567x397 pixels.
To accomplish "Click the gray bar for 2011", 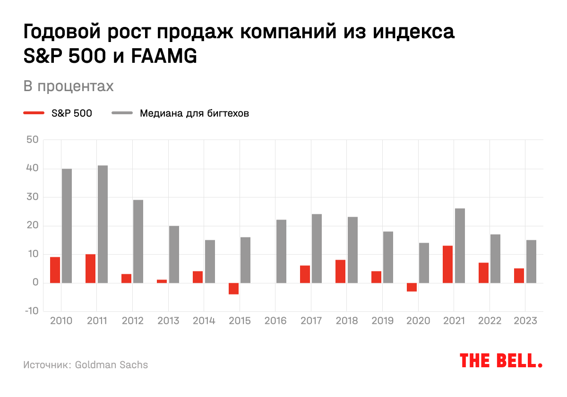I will (103, 224).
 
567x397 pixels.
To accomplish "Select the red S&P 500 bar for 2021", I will (447, 264).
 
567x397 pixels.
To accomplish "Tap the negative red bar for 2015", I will (233, 288).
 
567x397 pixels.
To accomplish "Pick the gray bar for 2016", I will (281, 252).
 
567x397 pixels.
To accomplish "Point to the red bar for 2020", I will (412, 287).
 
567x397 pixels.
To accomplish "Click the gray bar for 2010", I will (67, 226).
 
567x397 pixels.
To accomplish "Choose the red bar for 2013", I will (162, 281).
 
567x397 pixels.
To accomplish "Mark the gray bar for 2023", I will (531, 262).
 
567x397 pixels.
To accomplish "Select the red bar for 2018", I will (340, 271).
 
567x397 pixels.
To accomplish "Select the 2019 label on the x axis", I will (382, 321).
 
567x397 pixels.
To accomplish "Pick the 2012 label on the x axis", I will (132, 321).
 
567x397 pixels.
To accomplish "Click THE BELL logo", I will (501, 361).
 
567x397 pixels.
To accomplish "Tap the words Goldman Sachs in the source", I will (112, 365).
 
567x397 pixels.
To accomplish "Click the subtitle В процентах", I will (69, 86).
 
